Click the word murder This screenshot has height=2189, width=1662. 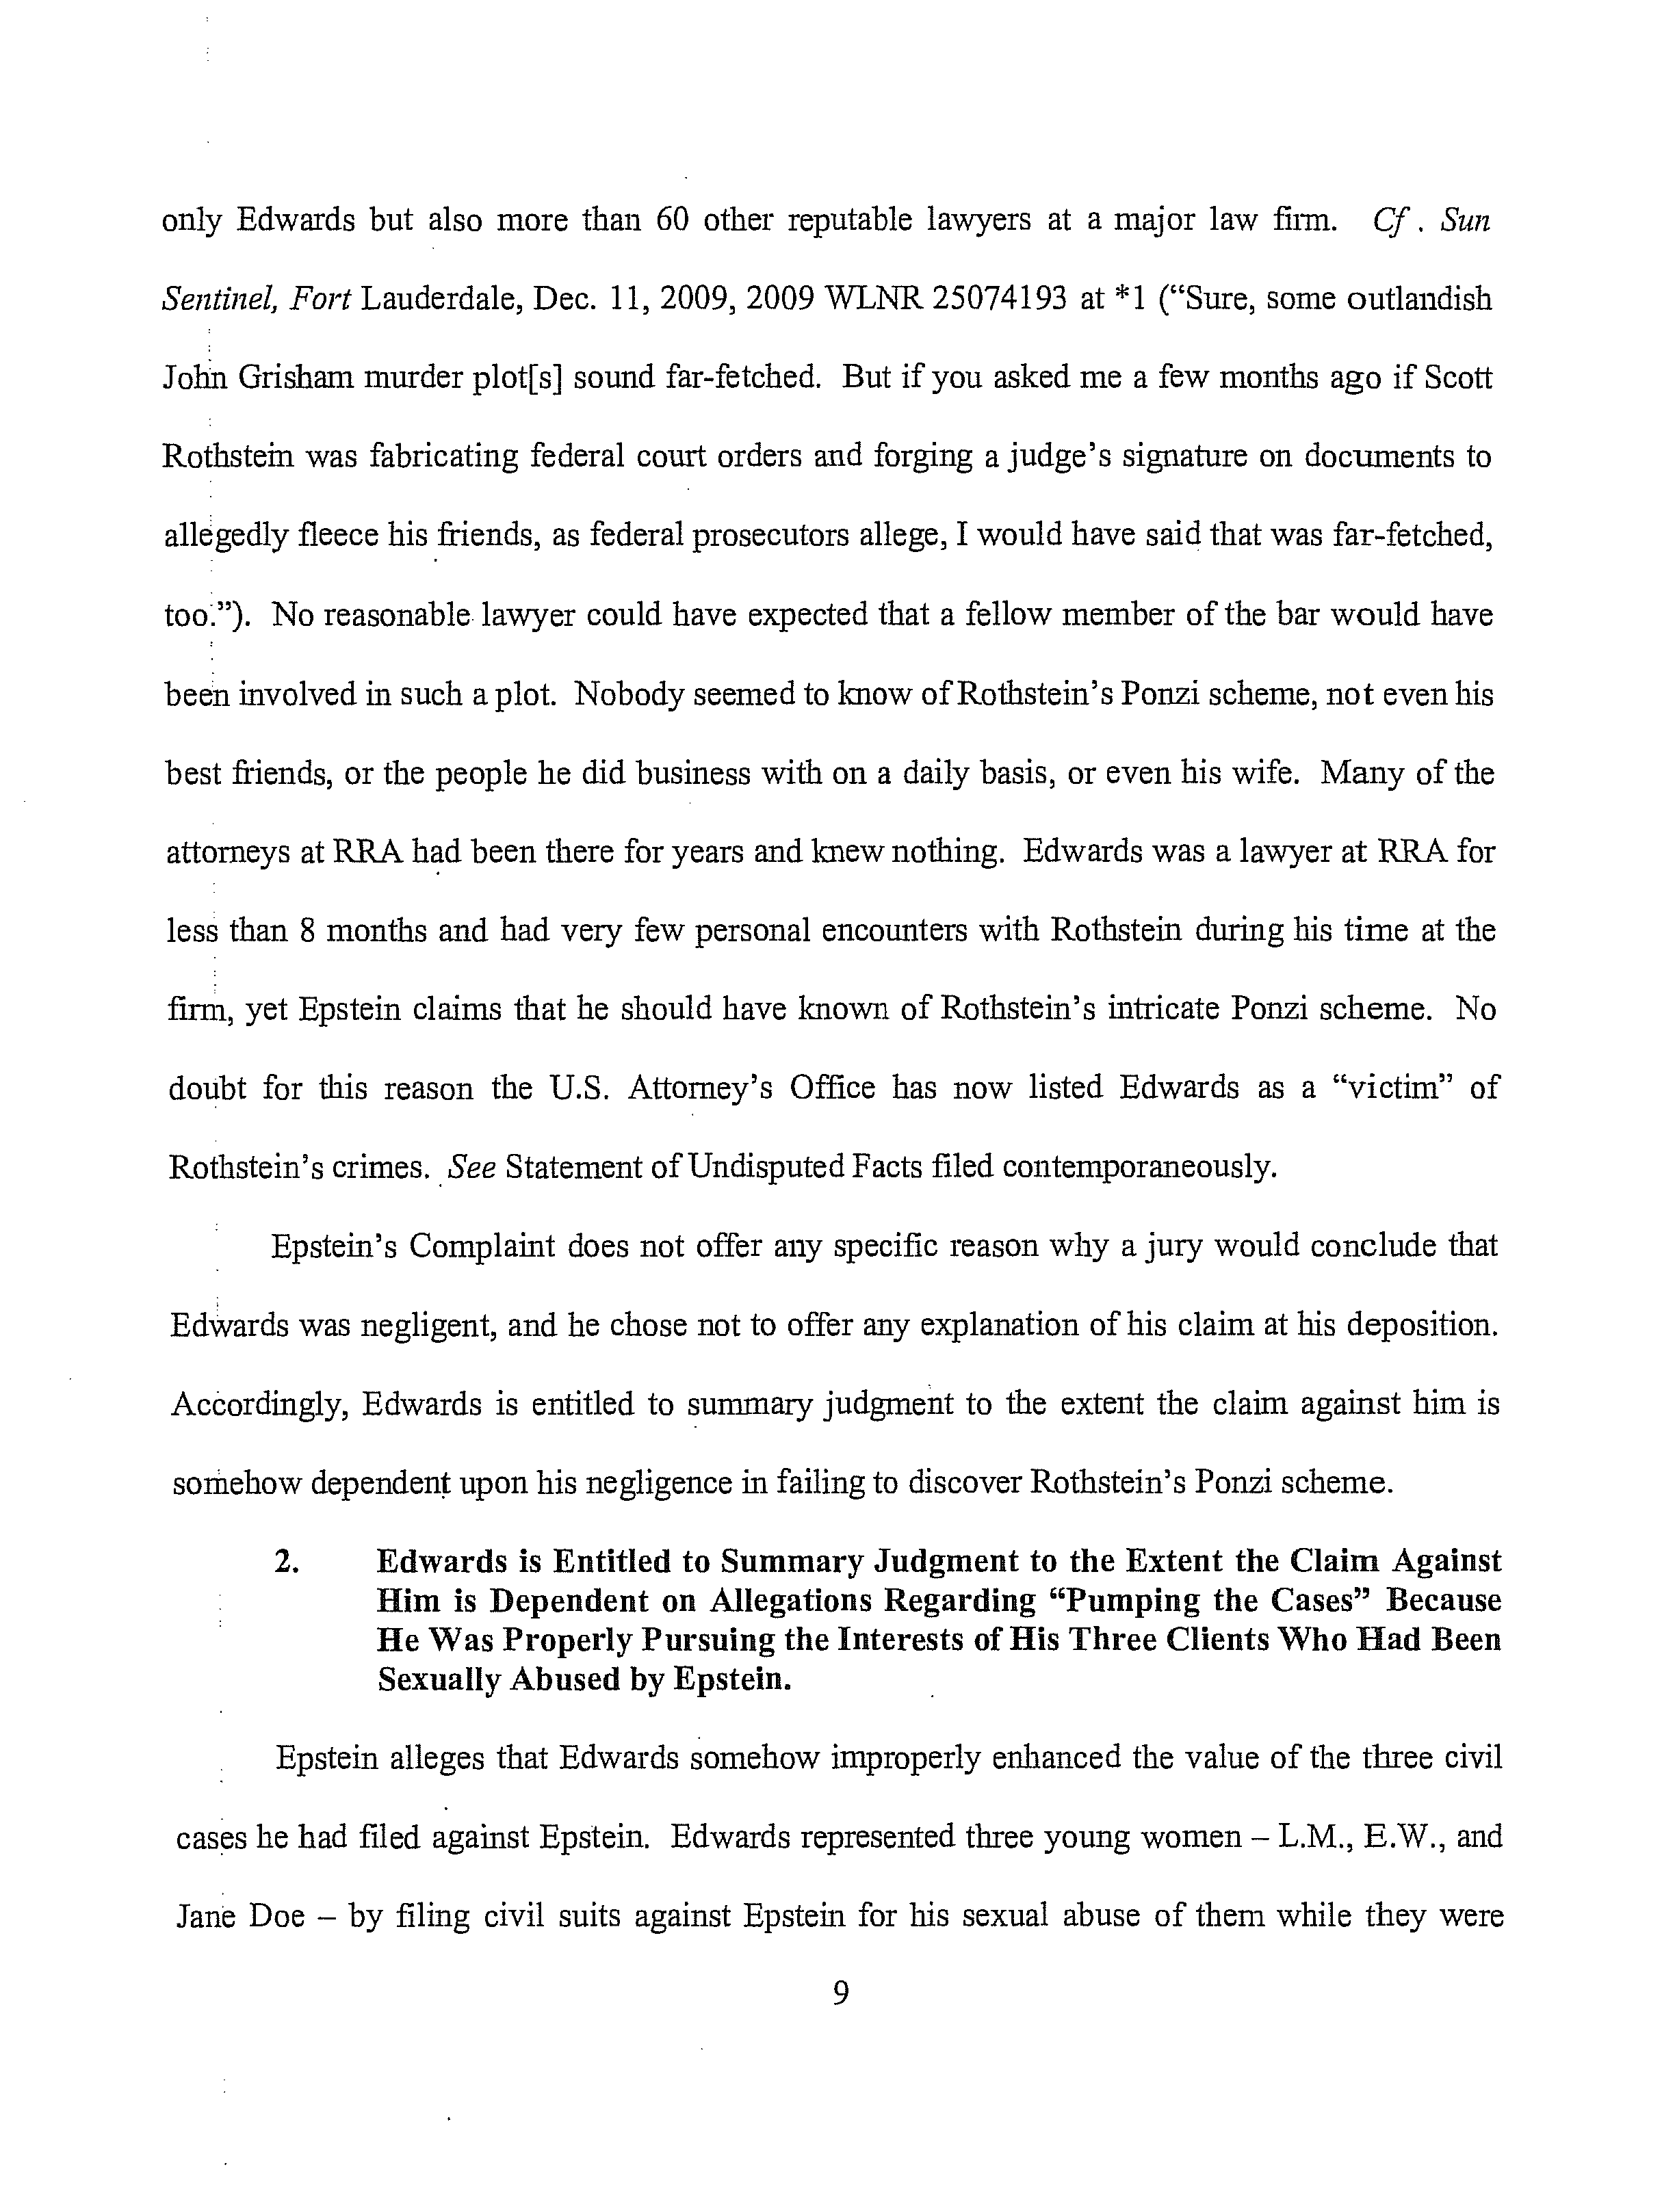tap(397, 378)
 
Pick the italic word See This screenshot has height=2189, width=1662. tap(471, 1167)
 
